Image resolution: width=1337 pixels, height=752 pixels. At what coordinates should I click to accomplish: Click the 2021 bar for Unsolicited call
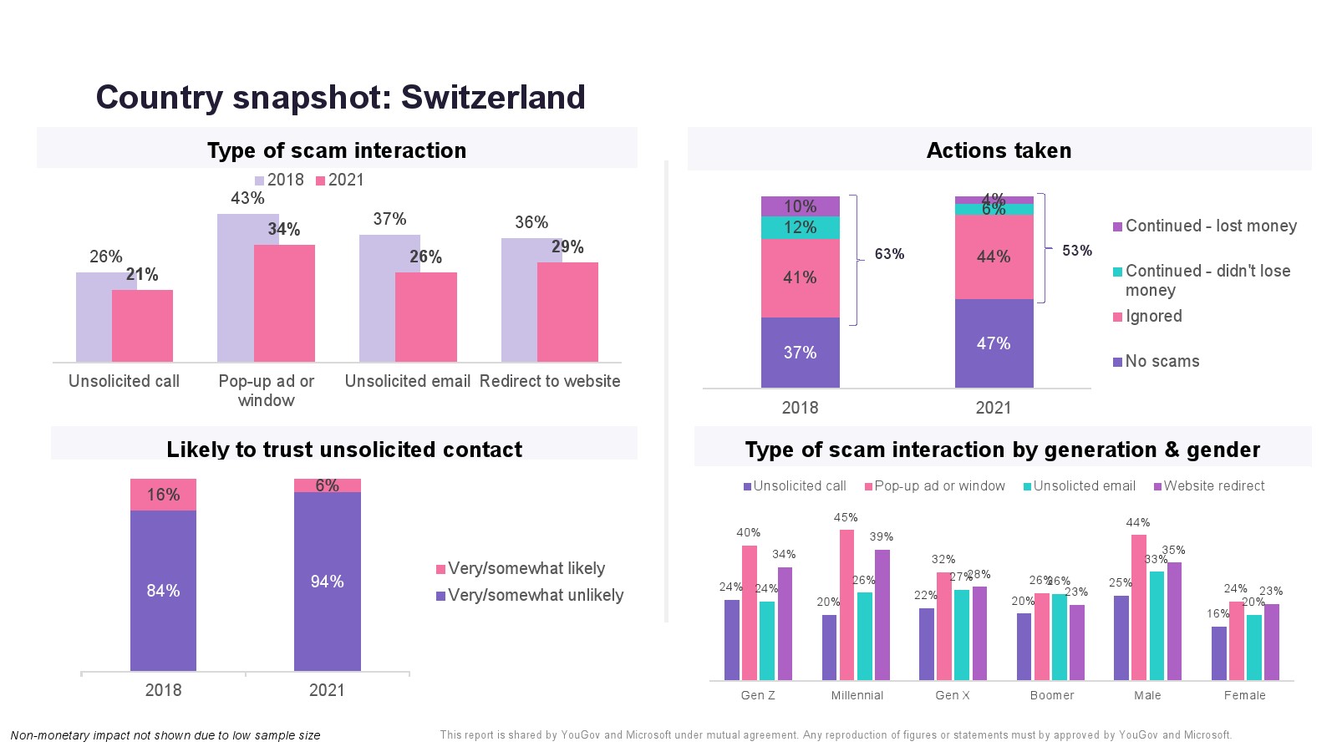click(142, 326)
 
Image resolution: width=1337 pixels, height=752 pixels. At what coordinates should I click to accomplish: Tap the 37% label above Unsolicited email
click(389, 219)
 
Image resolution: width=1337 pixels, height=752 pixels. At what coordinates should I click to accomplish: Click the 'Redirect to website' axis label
click(550, 381)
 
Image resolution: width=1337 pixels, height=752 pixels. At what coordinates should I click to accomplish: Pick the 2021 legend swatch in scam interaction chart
click(320, 180)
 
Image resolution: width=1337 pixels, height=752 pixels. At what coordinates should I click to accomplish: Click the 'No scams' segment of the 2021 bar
click(994, 343)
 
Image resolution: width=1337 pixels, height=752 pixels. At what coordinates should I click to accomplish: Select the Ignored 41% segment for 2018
click(800, 277)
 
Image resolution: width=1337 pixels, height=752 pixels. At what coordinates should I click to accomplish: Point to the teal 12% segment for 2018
click(800, 227)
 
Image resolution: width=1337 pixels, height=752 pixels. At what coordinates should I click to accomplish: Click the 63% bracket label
click(889, 254)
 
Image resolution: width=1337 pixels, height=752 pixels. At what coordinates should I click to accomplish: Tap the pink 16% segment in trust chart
click(163, 495)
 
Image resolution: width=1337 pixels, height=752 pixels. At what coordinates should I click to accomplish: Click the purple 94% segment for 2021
click(327, 582)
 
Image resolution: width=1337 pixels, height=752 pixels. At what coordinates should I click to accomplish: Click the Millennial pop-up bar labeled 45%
click(846, 604)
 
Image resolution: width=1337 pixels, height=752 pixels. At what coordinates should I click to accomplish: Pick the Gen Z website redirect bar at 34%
click(785, 623)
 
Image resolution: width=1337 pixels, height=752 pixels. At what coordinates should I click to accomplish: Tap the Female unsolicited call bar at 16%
click(1218, 653)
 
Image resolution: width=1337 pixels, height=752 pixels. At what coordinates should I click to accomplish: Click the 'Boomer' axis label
click(1051, 695)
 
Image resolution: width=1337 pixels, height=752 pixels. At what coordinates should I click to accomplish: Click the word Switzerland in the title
click(493, 97)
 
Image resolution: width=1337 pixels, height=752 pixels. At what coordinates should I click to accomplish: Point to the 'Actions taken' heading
click(999, 150)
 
